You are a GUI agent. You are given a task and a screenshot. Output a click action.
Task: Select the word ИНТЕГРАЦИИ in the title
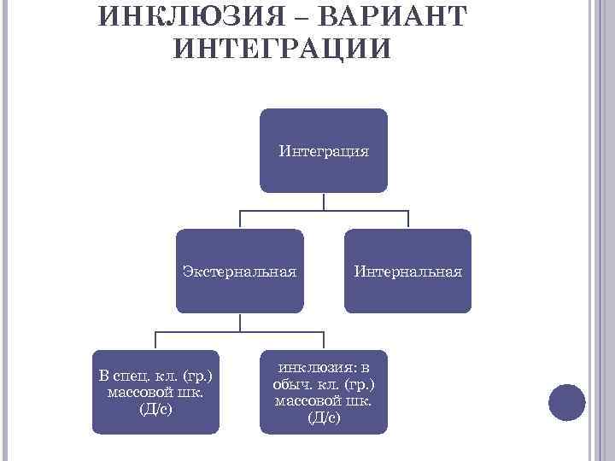pos(282,48)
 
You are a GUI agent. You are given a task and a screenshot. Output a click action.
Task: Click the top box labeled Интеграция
pos(324,150)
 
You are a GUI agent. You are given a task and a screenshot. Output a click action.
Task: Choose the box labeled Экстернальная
pos(239,271)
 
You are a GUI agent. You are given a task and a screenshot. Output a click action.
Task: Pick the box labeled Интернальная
pos(407,271)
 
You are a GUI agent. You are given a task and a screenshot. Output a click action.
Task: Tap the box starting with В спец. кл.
pos(155,392)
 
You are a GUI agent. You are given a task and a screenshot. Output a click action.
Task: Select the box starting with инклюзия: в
pos(324,392)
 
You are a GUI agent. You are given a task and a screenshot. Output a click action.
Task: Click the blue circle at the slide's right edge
pos(566,402)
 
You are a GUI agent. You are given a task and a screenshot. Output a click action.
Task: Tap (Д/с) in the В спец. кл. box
pos(155,408)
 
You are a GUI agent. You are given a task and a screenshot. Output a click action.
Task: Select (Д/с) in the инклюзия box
pos(323,417)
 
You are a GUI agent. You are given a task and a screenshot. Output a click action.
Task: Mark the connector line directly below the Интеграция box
pos(324,201)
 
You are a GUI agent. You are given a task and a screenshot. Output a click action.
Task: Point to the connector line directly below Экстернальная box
pos(239,323)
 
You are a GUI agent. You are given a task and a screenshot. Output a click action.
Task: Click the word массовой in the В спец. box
pos(139,392)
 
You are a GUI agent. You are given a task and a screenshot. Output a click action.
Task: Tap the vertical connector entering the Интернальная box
pos(407,219)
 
